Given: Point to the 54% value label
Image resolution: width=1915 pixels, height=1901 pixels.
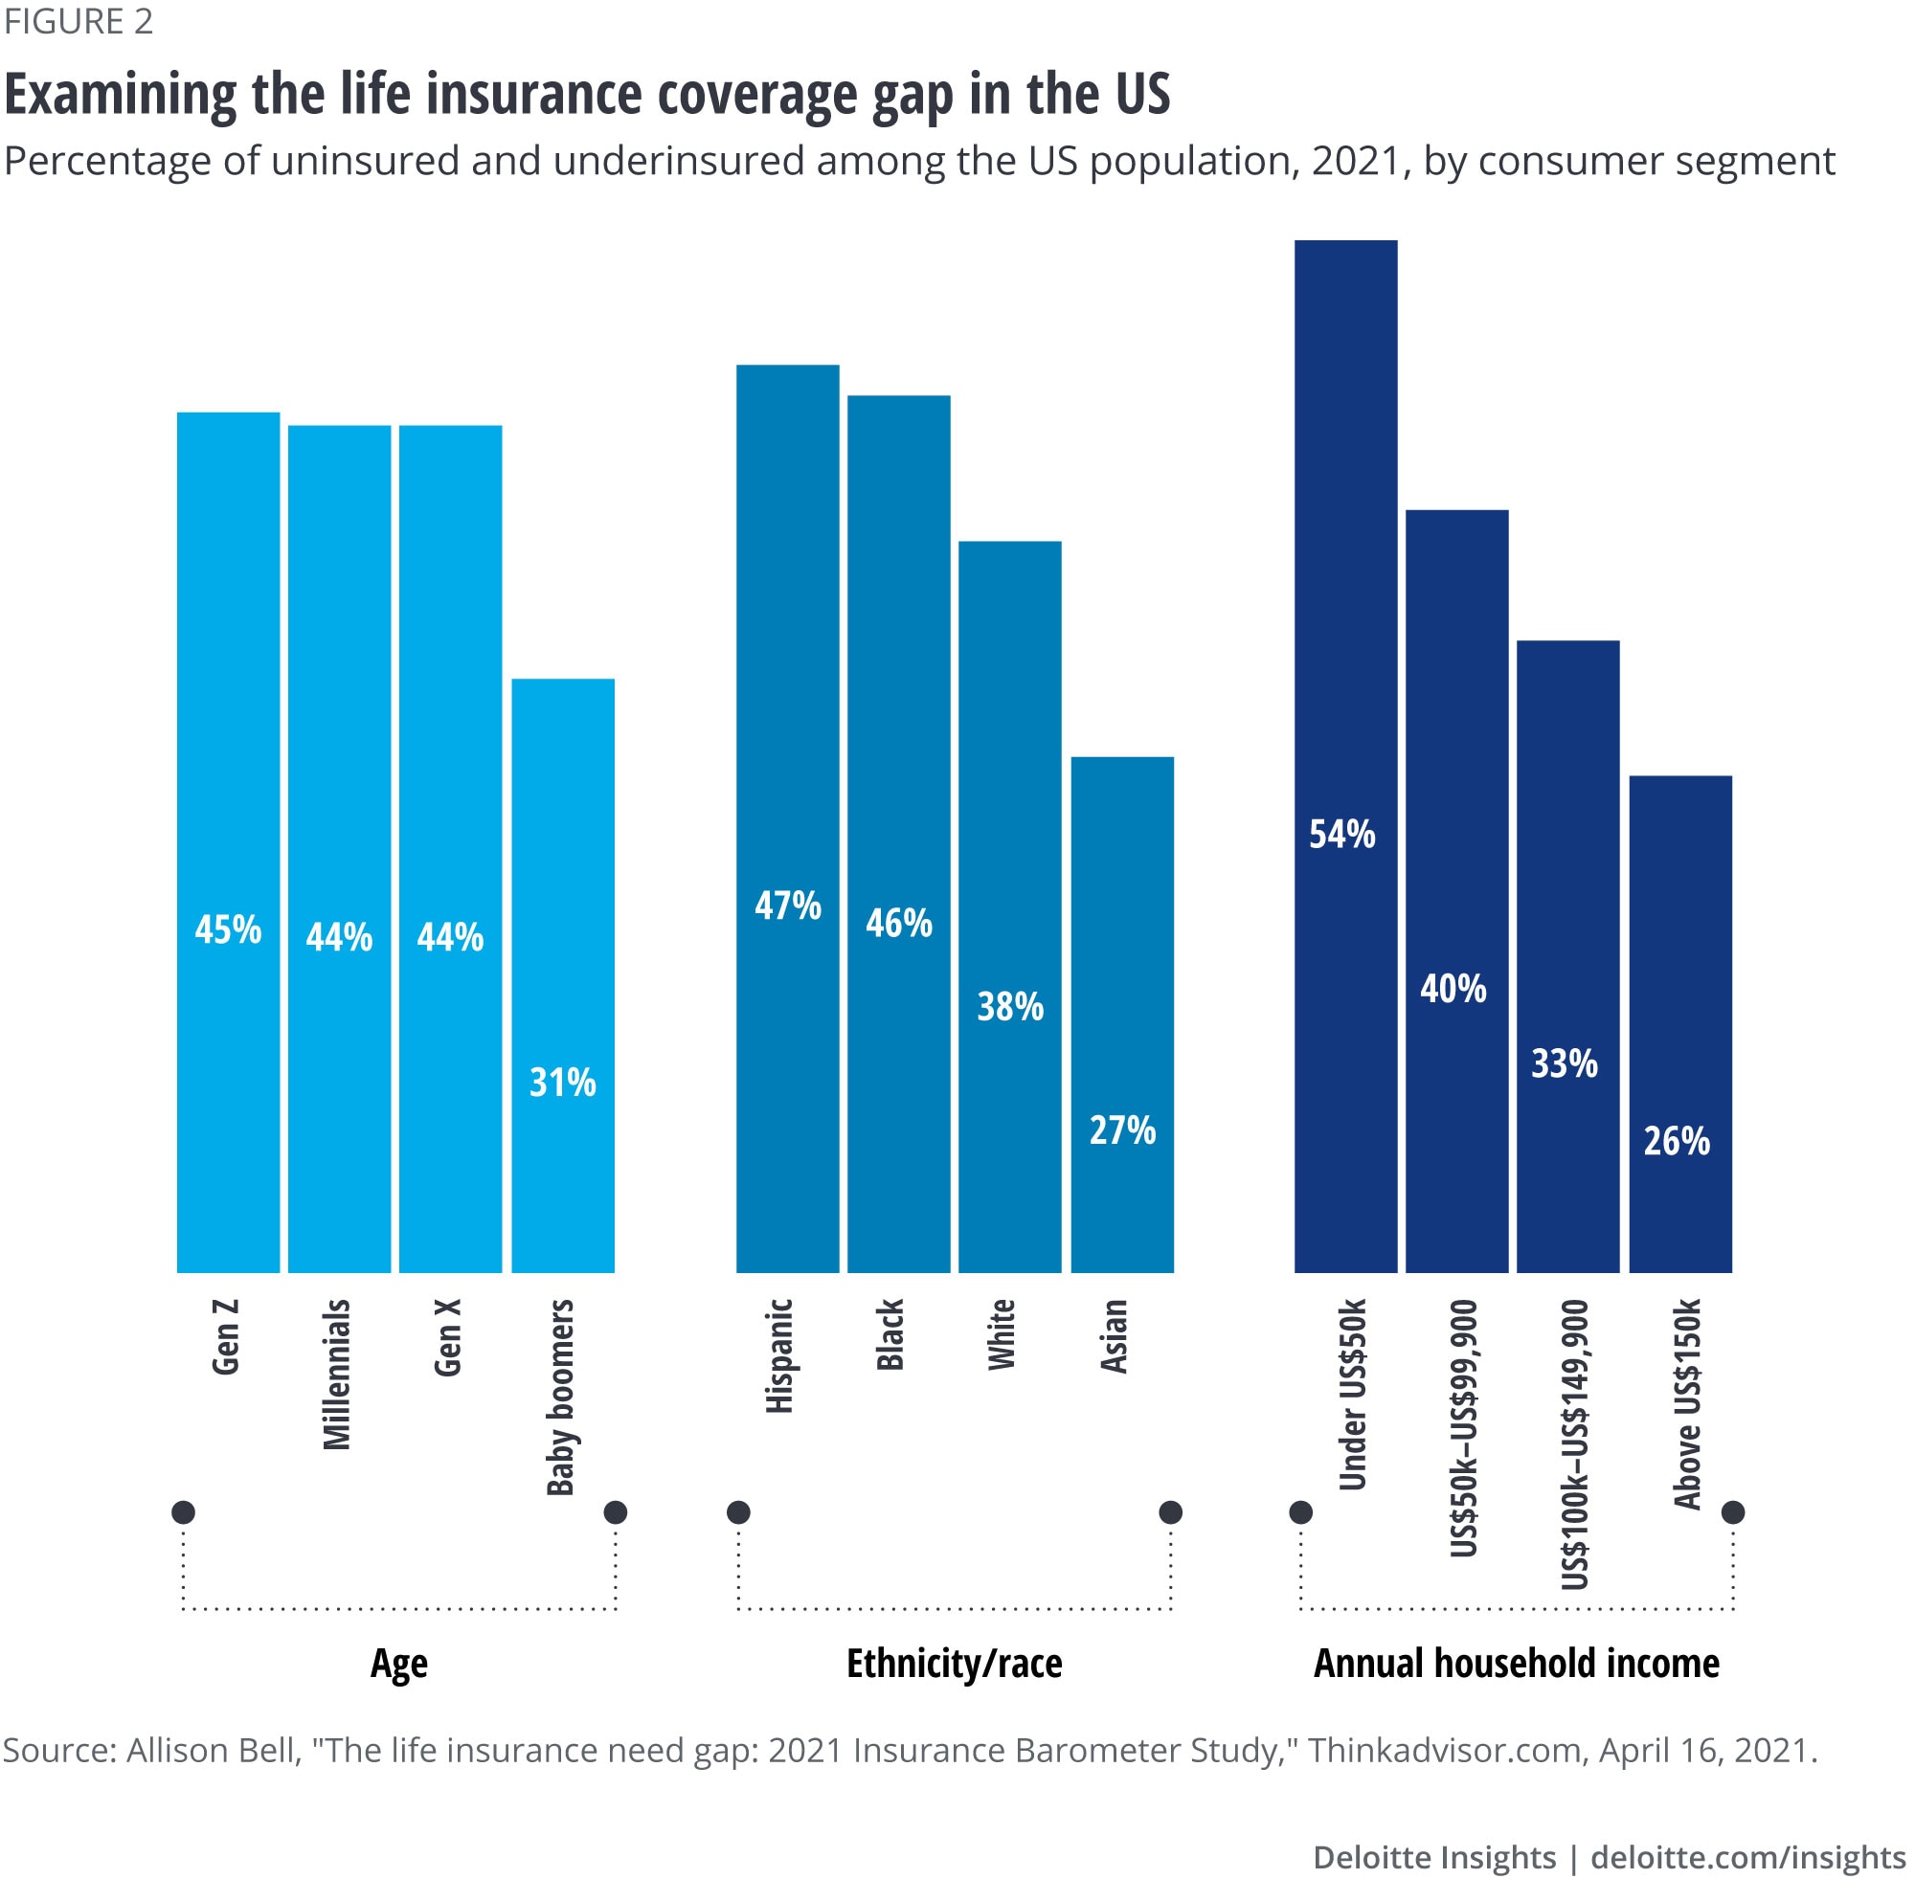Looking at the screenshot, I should pyautogui.click(x=1342, y=835).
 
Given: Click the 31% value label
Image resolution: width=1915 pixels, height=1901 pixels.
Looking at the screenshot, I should pyautogui.click(x=563, y=1083).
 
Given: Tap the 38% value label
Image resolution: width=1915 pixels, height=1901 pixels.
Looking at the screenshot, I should pyautogui.click(x=1010, y=1007).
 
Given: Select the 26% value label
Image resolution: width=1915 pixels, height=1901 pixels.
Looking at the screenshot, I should pyautogui.click(x=1678, y=1142).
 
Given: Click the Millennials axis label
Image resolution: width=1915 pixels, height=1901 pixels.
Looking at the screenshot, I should pyautogui.click(x=338, y=1374).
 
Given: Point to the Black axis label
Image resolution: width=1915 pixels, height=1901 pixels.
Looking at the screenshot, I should pyautogui.click(x=891, y=1334).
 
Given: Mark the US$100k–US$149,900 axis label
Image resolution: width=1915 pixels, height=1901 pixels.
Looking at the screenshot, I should pyautogui.click(x=1575, y=1443).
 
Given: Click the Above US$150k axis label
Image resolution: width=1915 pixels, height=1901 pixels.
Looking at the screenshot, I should pyautogui.click(x=1687, y=1403).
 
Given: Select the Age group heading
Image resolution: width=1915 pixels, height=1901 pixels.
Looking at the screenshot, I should pyautogui.click(x=398, y=1663).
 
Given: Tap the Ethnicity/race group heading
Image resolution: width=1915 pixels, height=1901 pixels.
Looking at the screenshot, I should pyautogui.click(x=954, y=1663).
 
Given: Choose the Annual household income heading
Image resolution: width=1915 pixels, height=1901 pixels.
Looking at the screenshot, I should pyautogui.click(x=1517, y=1663).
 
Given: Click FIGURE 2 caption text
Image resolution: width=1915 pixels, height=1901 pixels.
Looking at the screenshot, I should pyautogui.click(x=79, y=22).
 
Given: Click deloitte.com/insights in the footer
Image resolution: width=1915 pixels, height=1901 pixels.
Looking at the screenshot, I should pyautogui.click(x=1747, y=1857).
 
